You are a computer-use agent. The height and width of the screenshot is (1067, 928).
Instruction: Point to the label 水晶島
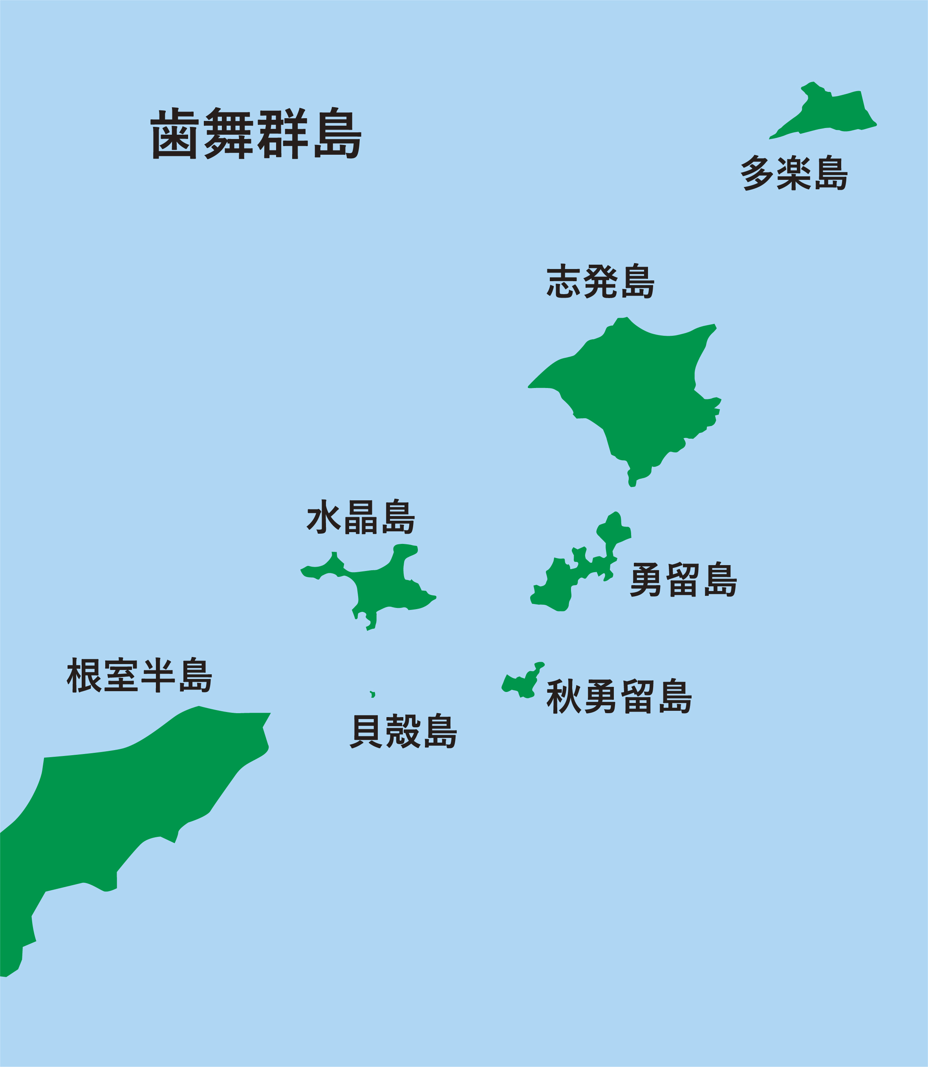pyautogui.click(x=361, y=517)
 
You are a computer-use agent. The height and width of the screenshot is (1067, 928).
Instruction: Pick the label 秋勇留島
pyautogui.click(x=619, y=696)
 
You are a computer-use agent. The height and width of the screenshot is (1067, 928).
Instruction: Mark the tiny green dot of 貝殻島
pyautogui.click(x=372, y=694)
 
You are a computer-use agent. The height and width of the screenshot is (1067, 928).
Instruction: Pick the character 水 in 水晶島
pyautogui.click(x=323, y=517)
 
